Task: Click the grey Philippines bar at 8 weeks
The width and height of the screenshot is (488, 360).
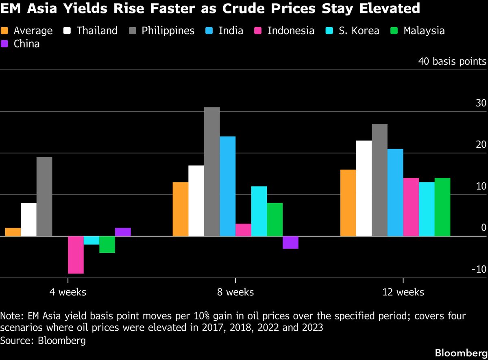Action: click(x=212, y=171)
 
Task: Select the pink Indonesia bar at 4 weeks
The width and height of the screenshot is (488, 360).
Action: click(x=76, y=255)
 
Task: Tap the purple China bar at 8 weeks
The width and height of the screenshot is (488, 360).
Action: click(x=290, y=242)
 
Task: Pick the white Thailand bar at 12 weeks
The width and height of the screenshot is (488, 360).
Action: click(x=364, y=188)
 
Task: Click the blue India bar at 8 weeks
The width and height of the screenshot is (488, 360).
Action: click(x=227, y=186)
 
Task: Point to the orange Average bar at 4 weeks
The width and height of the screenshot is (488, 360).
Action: click(x=13, y=232)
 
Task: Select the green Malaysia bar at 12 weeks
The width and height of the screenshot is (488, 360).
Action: click(x=442, y=207)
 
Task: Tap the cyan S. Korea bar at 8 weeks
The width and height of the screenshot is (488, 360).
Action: click(x=259, y=211)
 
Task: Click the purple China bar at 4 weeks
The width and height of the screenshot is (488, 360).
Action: click(x=123, y=232)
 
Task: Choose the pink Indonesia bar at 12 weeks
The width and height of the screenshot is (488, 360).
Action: click(x=411, y=207)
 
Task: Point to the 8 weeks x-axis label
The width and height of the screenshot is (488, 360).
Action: click(x=235, y=292)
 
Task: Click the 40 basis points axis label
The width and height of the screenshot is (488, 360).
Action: click(x=452, y=61)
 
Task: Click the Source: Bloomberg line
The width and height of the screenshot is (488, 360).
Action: click(x=43, y=340)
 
